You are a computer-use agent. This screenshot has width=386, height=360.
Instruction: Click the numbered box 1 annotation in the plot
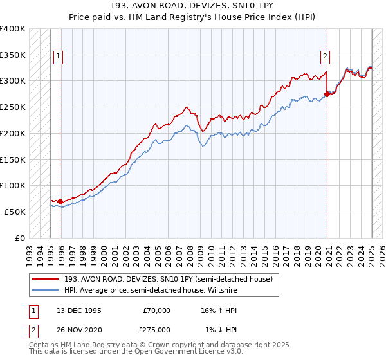click(58, 56)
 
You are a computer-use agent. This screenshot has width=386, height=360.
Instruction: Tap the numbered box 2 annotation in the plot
click(326, 56)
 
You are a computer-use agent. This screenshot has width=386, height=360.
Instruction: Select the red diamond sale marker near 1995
click(60, 201)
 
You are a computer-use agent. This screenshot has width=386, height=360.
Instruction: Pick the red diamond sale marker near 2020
click(327, 94)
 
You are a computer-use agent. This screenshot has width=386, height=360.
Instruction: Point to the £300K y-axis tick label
click(13, 81)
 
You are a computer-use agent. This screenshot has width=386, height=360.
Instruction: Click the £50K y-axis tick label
click(15, 212)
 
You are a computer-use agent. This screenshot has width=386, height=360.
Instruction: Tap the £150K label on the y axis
click(13, 159)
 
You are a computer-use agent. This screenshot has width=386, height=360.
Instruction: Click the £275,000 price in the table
click(156, 329)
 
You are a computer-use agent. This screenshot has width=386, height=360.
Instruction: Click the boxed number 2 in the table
click(33, 329)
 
